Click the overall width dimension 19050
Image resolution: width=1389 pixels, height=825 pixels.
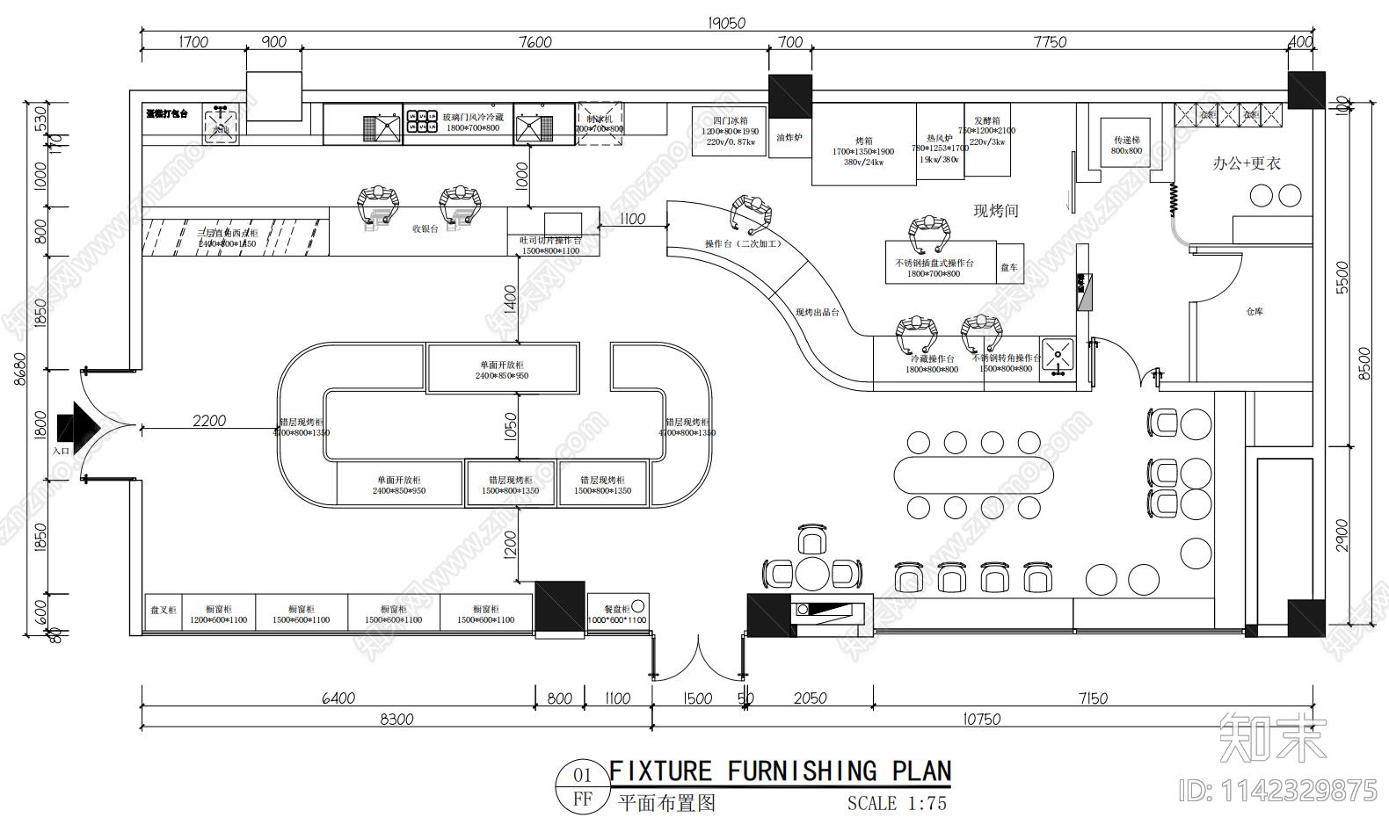pos(726,23)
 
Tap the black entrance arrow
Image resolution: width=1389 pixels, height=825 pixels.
pos(78,427)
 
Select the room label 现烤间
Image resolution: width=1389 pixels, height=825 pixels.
pos(995,211)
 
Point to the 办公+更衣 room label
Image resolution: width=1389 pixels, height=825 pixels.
pos(1246,163)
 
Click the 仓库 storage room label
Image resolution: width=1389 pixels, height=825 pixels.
pos(1254,312)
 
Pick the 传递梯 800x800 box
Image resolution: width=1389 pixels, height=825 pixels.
pos(1126,144)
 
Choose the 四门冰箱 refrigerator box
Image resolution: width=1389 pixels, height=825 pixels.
pos(729,131)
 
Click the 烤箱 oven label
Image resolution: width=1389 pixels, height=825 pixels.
pos(863,141)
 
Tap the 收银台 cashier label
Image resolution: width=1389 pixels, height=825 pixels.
pos(425,229)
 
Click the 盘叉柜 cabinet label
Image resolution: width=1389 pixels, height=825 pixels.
pos(163,611)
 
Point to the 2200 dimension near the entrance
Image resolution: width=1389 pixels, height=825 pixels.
pos(209,421)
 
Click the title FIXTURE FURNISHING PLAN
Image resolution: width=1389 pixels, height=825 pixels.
pos(780,771)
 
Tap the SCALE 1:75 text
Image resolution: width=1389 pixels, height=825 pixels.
pos(897,803)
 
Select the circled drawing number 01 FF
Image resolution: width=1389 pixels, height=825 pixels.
pos(582,786)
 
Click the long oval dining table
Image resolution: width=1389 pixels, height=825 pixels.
pos(973,475)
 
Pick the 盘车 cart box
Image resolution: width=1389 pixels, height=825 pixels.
pos(1009,267)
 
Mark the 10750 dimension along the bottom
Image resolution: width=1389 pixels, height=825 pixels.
pos(981,719)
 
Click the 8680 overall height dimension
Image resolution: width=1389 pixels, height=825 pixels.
pos(19,369)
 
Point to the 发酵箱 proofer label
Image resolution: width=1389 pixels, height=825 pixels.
pos(986,121)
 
